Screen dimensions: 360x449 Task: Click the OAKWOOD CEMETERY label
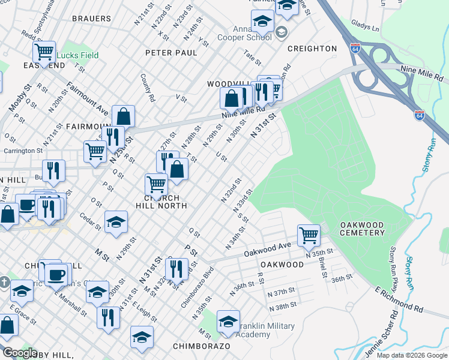pos(362,229)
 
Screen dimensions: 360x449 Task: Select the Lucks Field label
pos(78,55)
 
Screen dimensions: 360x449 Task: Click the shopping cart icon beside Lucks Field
pos(44,52)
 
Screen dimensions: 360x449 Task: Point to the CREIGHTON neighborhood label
pos(312,48)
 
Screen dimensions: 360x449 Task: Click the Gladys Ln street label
pos(366,28)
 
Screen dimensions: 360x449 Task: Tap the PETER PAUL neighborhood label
pos(171,53)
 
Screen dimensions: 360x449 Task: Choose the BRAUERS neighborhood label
pos(91,19)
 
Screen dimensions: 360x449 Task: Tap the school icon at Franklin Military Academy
pos(228,322)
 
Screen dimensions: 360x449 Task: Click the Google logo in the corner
pos(20,353)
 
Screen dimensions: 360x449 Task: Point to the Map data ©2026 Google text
pos(411,355)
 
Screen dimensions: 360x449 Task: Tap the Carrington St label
pos(23,152)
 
